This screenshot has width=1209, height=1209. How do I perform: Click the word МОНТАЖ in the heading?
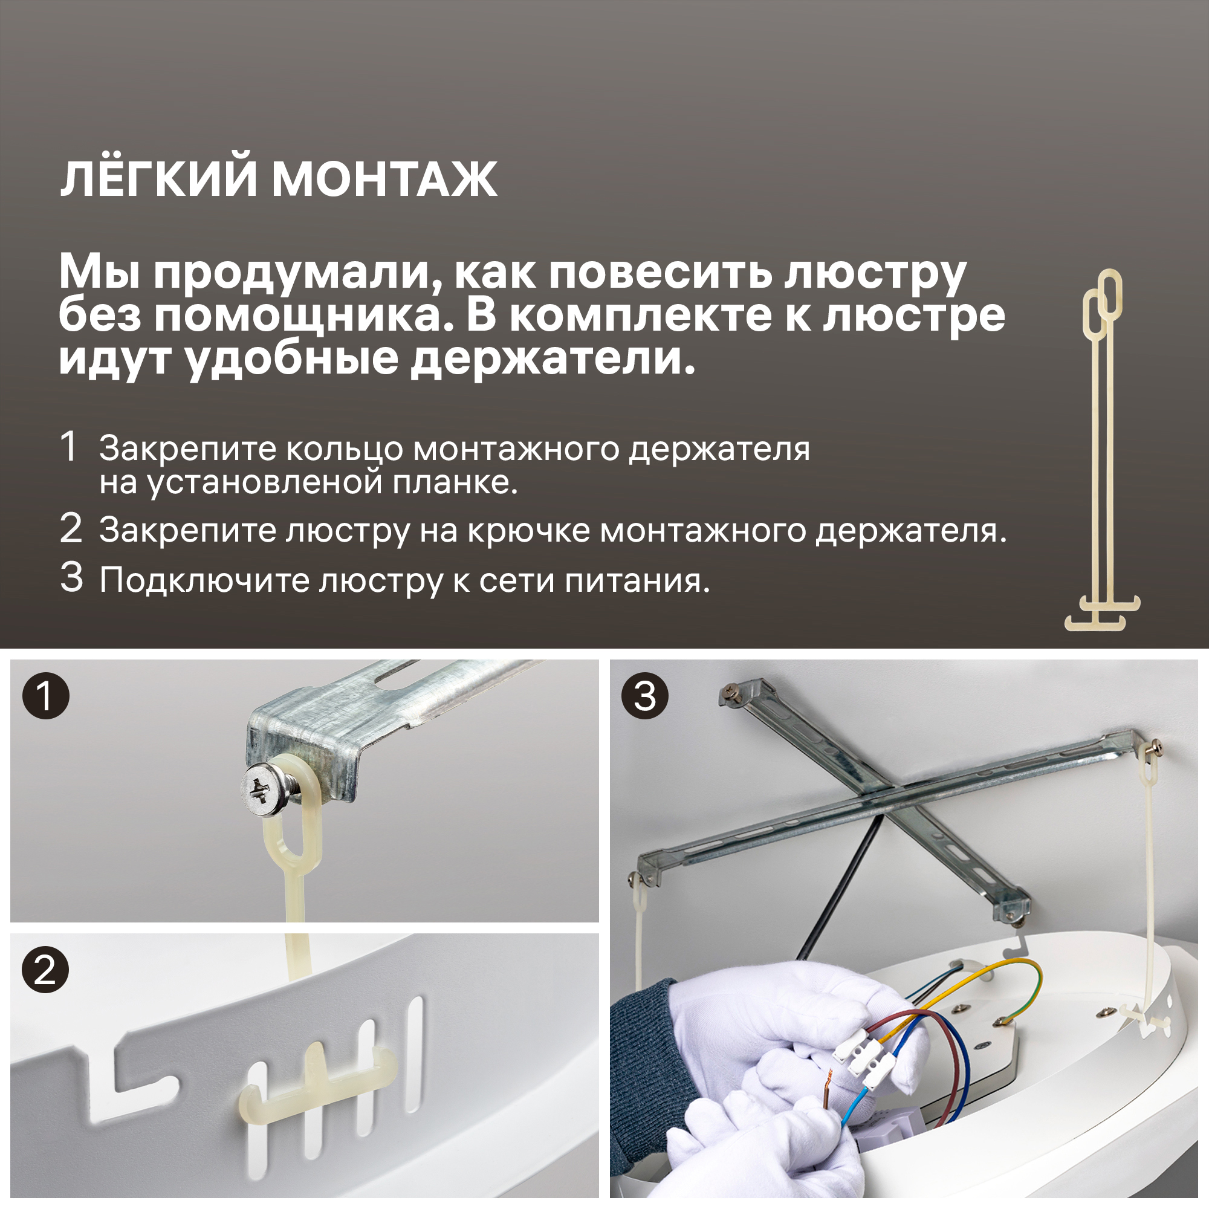(384, 180)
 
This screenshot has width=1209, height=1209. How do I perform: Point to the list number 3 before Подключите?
(71, 577)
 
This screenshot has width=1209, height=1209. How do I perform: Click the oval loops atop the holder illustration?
(1103, 301)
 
